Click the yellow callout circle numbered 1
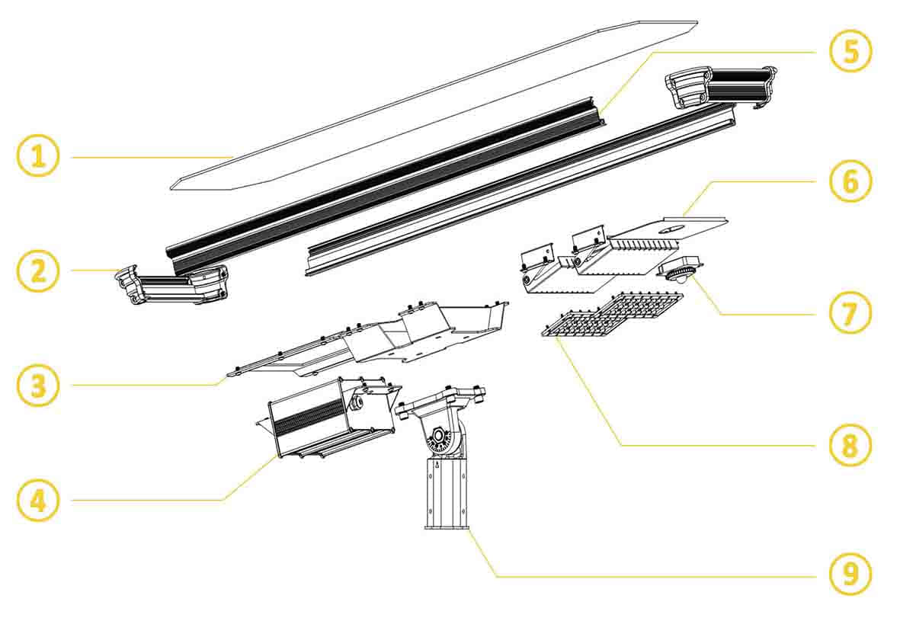click(37, 155)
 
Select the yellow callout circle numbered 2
click(37, 270)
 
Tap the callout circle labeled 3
click(37, 385)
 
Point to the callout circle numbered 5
click(850, 52)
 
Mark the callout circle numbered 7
click(850, 313)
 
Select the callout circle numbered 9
click(850, 575)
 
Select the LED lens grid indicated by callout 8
click(613, 315)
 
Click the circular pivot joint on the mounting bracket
click(440, 438)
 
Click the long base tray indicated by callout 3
click(366, 343)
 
